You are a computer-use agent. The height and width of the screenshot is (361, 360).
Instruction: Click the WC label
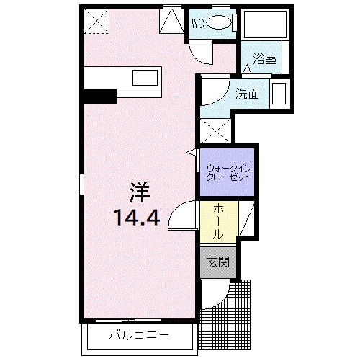(197, 22)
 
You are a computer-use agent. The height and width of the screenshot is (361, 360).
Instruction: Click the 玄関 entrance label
(217, 263)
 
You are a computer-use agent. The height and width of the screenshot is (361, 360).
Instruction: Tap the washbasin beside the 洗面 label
(279, 94)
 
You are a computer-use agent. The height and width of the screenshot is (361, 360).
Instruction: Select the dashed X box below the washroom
(215, 130)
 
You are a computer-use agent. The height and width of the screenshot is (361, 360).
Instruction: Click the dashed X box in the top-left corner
(95, 22)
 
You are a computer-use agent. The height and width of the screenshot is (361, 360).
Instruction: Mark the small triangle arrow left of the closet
(192, 152)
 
